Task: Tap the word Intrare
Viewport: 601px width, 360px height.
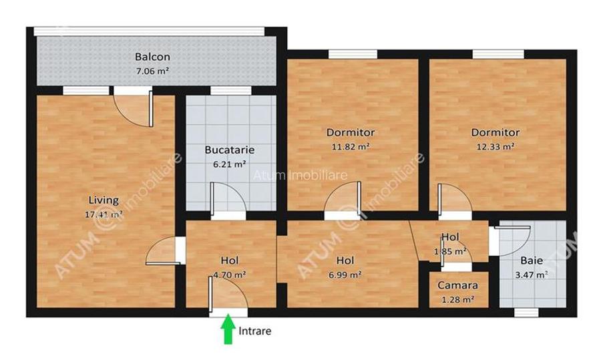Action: (255, 331)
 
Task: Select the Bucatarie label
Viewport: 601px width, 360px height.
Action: (229, 150)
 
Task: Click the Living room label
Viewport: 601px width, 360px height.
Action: (104, 200)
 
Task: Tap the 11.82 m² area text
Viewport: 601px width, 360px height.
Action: (351, 146)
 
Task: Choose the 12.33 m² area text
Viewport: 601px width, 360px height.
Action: (495, 146)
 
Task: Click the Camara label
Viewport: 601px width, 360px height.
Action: (457, 285)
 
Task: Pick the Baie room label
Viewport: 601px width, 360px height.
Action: (532, 260)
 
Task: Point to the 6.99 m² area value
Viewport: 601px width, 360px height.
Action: (345, 274)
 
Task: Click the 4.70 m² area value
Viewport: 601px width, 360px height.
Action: (230, 274)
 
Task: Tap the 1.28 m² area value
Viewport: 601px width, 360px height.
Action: (457, 299)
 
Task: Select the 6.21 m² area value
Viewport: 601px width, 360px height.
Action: (230, 163)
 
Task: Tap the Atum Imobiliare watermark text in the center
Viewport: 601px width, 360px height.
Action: (300, 175)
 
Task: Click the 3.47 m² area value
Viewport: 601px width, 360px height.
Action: (532, 274)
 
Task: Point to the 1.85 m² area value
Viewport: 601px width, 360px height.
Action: (449, 251)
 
